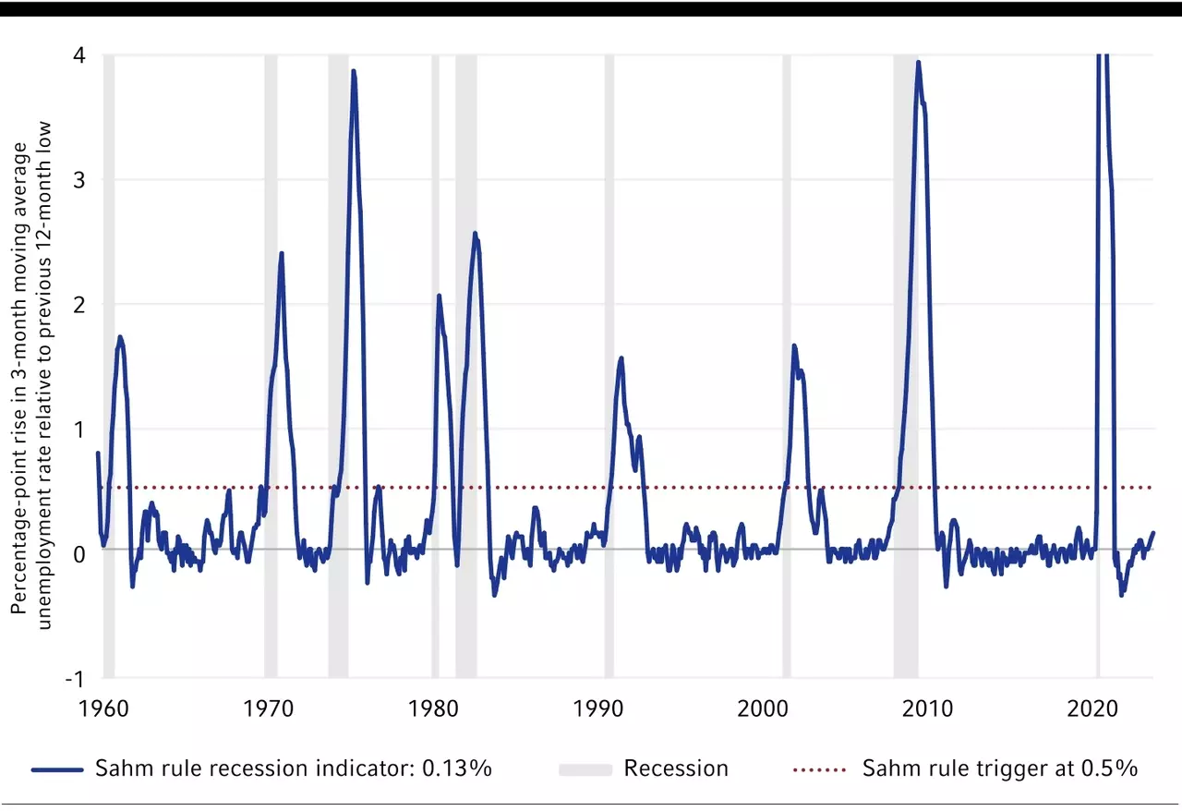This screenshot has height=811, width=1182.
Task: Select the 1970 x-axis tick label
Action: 269,708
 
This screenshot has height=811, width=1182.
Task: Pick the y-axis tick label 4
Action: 79,54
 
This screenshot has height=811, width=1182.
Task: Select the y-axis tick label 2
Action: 79,304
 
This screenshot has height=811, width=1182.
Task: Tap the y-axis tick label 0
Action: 79,553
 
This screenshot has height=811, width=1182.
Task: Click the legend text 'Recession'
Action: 676,769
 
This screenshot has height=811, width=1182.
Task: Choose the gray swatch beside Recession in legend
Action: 585,769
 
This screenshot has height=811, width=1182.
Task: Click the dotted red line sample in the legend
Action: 818,769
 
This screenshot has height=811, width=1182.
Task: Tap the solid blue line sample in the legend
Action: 59,769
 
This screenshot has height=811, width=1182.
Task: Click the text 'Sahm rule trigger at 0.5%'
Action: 999,769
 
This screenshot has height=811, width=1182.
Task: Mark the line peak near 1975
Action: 353,71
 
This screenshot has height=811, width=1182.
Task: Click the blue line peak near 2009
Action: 918,63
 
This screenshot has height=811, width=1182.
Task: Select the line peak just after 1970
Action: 281,253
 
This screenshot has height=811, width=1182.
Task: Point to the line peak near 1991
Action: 621,358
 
